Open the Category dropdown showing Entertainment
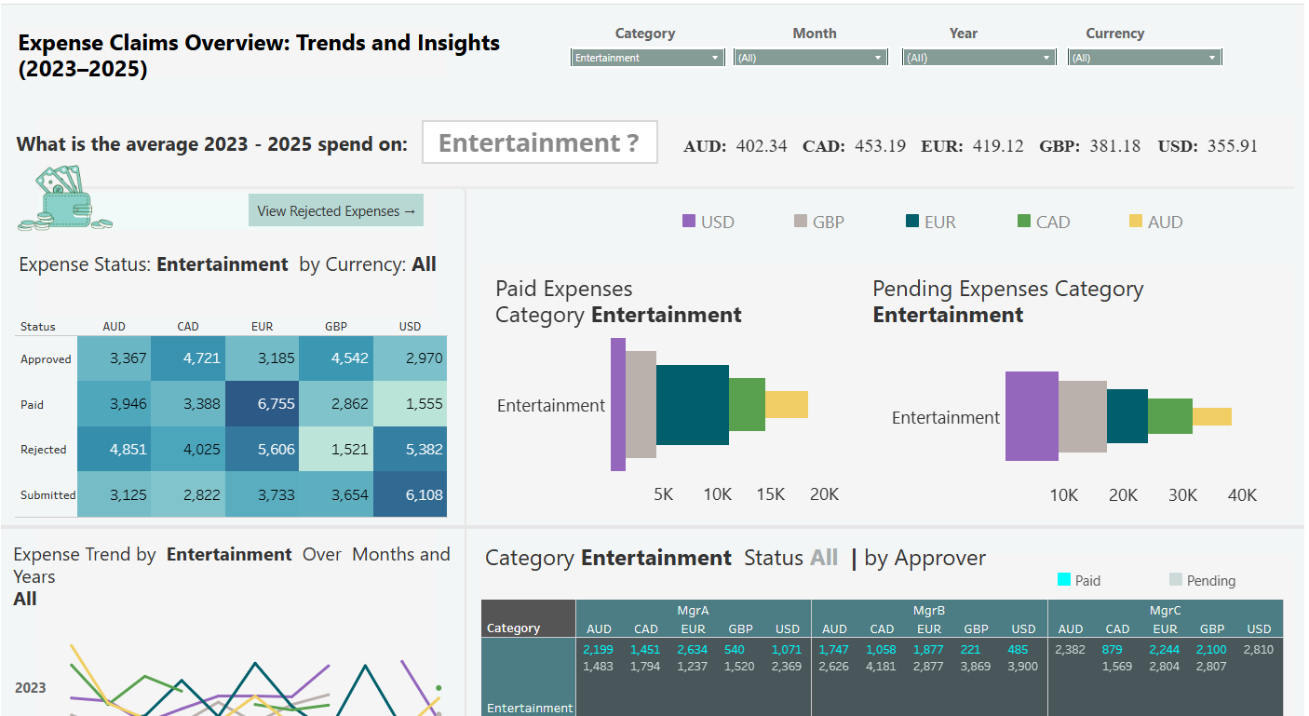647,58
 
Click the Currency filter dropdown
1144,58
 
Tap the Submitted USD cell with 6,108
410,494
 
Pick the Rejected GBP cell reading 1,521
336,450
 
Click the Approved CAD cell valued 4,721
188,358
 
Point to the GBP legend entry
818,222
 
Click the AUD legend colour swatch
1135,222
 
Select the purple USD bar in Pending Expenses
1032,416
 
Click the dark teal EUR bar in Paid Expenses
692,405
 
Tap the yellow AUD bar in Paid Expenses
786,405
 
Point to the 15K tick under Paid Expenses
771,494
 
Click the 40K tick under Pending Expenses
1242,495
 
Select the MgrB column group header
928,611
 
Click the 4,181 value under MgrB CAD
882,667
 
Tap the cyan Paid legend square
1064,580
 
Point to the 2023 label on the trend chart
30,688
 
